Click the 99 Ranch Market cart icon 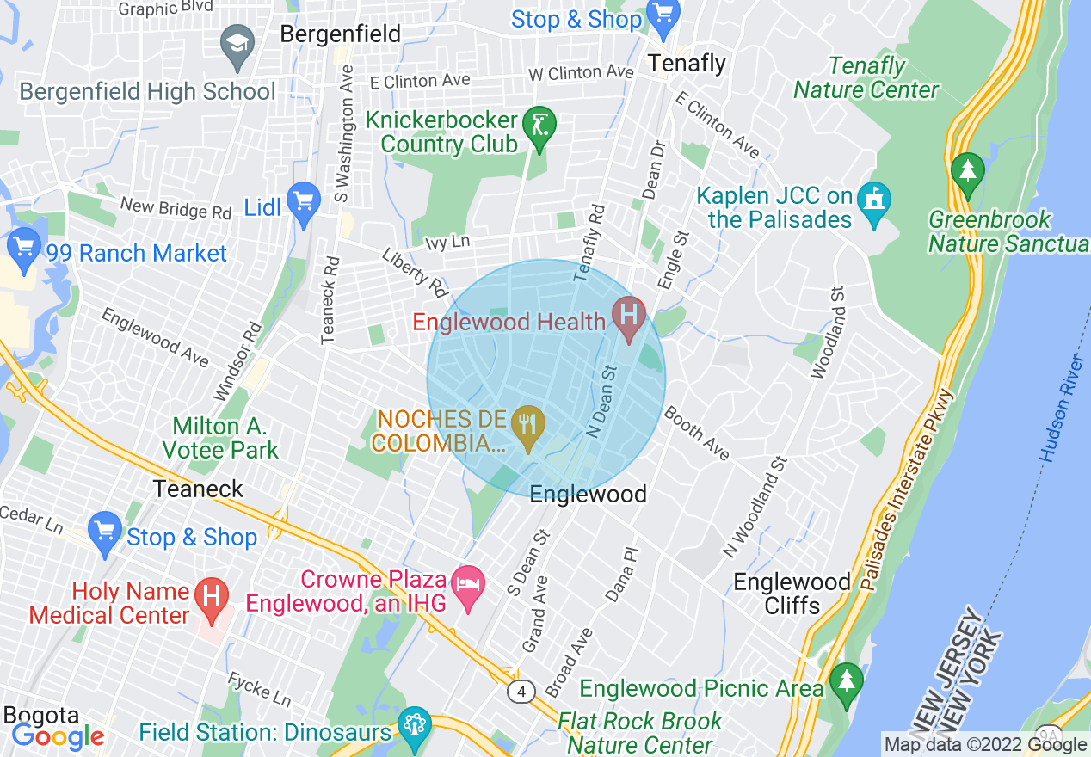point(23,246)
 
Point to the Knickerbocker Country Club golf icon point(539,126)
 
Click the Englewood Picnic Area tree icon point(847,680)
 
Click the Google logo point(58,735)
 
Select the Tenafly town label point(687,63)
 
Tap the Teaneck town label point(198,489)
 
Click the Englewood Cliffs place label point(792,594)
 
